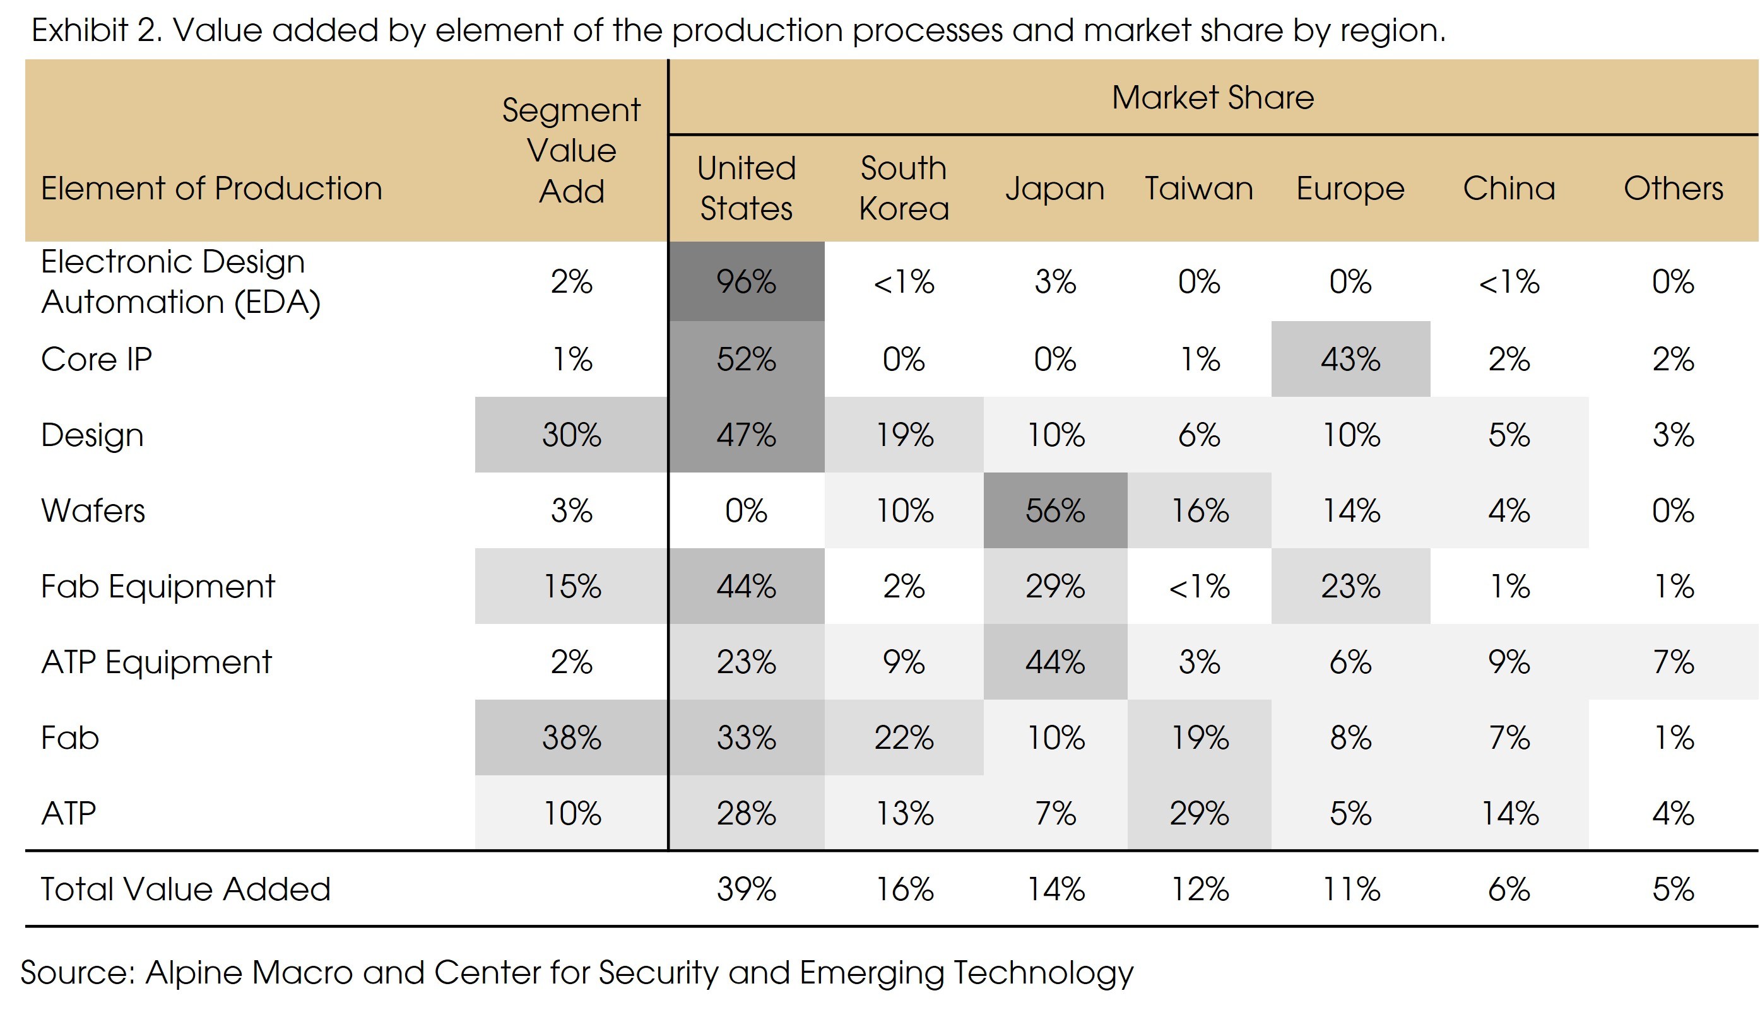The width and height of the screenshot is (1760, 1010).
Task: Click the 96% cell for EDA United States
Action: point(746,281)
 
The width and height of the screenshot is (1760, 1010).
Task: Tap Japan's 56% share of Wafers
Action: point(1054,510)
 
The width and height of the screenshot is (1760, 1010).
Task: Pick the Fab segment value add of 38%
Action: point(571,737)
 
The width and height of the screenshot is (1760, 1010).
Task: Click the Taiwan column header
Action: point(1198,189)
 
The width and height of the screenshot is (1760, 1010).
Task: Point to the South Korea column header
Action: point(903,188)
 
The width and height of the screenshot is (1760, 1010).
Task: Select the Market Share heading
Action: point(1212,97)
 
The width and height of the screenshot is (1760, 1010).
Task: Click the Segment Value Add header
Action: point(571,151)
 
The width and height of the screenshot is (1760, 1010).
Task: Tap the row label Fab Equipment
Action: point(158,586)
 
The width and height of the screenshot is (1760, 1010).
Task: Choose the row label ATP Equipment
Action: point(156,662)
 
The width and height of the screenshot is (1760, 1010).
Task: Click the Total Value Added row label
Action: point(186,889)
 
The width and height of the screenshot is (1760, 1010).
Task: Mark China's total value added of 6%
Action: point(1508,889)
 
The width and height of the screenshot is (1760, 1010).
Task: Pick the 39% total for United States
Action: point(746,889)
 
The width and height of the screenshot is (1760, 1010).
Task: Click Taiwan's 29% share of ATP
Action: point(1199,813)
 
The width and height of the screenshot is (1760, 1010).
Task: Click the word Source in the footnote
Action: point(76,972)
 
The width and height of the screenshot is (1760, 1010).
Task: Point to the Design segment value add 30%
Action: point(571,435)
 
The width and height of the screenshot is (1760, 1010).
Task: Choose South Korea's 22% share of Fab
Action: point(903,737)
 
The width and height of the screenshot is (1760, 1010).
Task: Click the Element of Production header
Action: point(211,189)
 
